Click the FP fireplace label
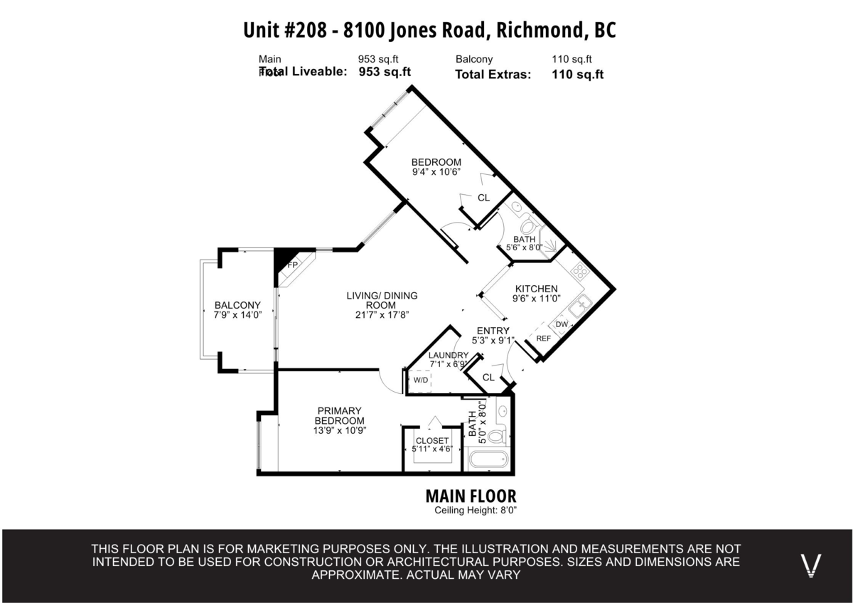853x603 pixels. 291,265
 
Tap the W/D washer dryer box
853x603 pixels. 421,380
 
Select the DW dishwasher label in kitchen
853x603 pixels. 562,324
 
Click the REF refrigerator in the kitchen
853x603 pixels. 543,338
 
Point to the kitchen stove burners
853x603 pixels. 580,271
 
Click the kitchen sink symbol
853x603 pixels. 581,306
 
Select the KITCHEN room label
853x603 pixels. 535,289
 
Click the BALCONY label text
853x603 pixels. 232,305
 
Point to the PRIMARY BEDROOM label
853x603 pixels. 340,415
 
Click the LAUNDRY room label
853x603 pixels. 449,356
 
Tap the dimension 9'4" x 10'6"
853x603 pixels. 436,171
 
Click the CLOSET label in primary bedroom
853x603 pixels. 432,441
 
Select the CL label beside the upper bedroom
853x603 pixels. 483,198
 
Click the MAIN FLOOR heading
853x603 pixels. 471,496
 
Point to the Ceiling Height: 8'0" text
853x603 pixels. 475,511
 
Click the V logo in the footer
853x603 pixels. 811,565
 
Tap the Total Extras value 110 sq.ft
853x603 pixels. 577,74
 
